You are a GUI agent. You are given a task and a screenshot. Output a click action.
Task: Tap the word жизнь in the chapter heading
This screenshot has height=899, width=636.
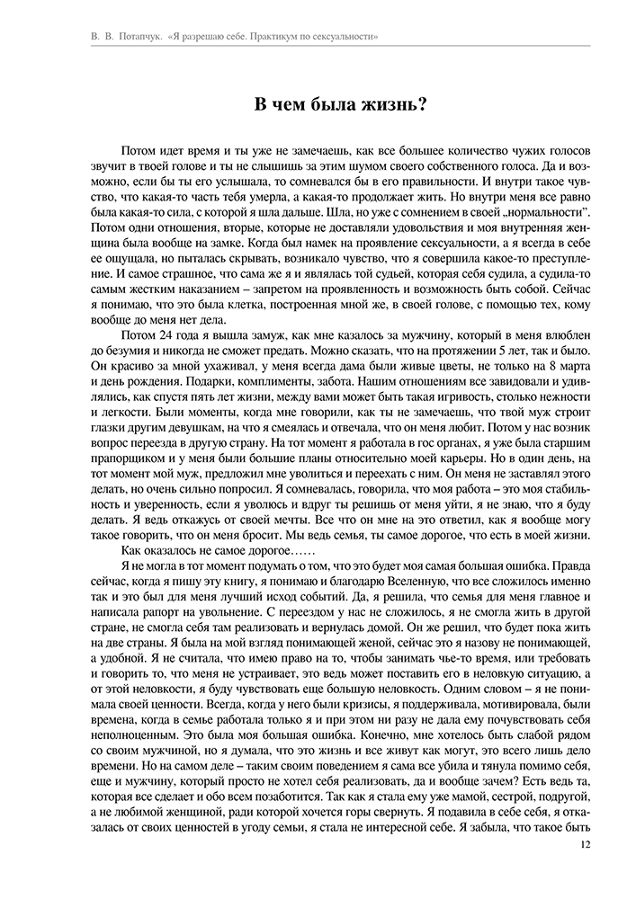click(383, 105)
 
